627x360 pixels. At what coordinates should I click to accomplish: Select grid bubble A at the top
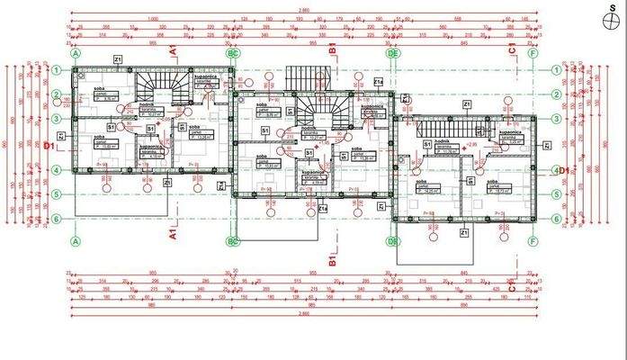76,54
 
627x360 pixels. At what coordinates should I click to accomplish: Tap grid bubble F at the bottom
533,241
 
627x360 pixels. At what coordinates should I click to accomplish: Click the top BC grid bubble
232,54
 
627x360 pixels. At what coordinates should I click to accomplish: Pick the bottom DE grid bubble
393,241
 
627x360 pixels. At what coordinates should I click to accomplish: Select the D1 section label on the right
563,169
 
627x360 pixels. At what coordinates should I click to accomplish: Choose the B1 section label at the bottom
332,261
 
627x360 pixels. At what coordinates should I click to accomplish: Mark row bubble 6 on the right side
558,218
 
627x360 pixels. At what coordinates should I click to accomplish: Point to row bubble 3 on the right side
558,118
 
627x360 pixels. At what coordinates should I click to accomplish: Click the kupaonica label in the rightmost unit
510,130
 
